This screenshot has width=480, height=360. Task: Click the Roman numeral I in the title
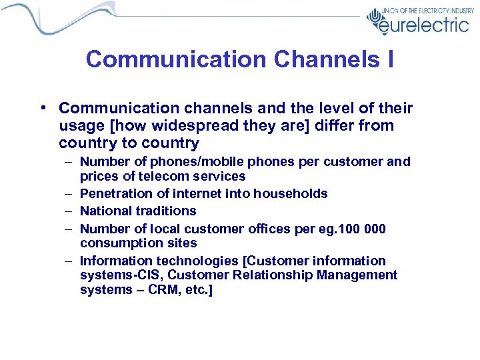tap(389, 59)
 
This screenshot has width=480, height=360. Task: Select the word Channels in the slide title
tap(313, 59)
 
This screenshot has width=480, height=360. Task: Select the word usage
tap(79, 125)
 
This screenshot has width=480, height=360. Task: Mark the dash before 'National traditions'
tap(70, 211)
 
